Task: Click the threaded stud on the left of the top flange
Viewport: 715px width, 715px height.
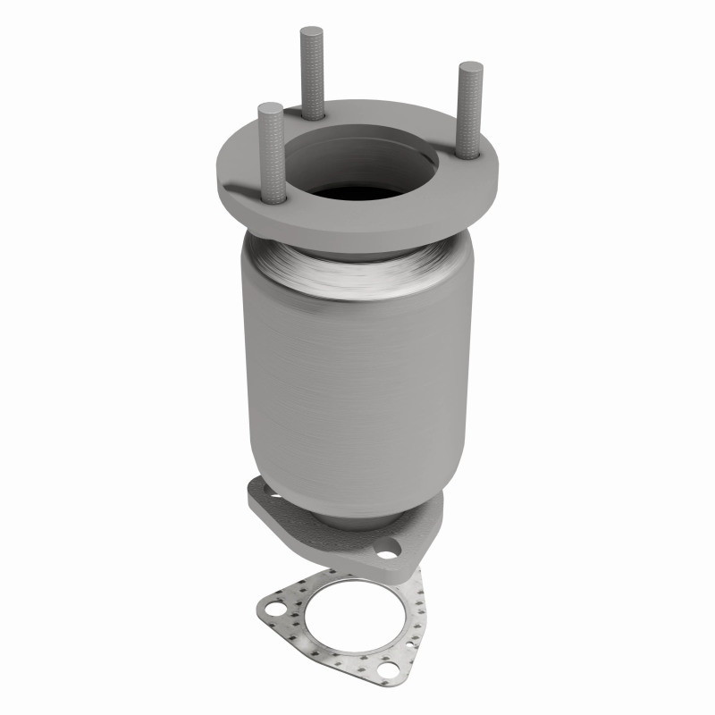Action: click(x=270, y=152)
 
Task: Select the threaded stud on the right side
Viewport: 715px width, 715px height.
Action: click(x=468, y=107)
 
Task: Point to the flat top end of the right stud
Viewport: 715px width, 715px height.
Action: click(x=468, y=67)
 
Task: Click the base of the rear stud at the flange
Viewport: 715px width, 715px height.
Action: click(x=313, y=114)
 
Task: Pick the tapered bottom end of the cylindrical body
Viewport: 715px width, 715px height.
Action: click(x=357, y=500)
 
